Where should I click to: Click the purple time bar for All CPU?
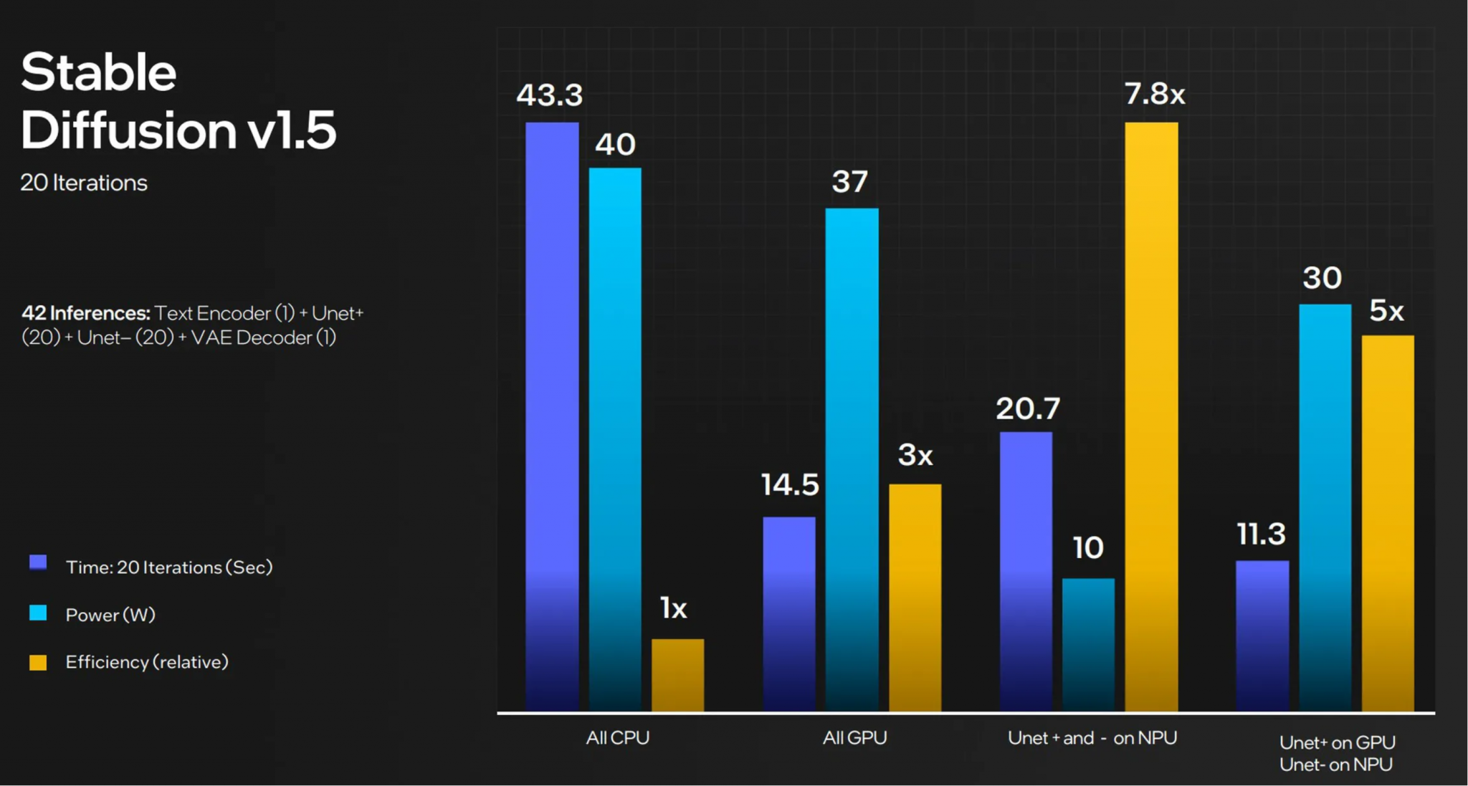tap(552, 416)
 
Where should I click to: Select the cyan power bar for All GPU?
tap(852, 459)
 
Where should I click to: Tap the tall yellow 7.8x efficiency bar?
tap(1151, 416)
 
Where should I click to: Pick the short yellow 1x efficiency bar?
tap(677, 674)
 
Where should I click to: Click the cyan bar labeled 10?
tap(1088, 644)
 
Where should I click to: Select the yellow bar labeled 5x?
tap(1388, 523)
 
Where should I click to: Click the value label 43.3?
tap(550, 95)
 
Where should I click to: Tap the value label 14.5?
tap(789, 485)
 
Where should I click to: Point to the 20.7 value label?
tap(1027, 409)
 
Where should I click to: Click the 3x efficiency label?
tap(915, 455)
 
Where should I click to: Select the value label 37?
tap(850, 182)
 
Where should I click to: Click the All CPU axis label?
tap(617, 738)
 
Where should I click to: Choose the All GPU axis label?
tap(854, 738)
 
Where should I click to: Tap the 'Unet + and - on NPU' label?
tap(1092, 738)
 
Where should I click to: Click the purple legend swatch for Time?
tap(38, 562)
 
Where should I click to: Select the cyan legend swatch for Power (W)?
tap(38, 613)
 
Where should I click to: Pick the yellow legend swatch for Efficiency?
tap(38, 662)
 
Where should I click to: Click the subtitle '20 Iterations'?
tap(84, 183)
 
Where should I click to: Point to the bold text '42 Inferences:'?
tap(85, 313)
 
